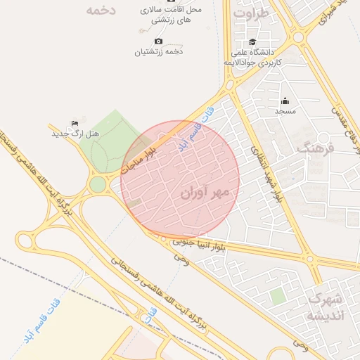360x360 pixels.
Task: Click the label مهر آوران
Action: (x=210, y=192)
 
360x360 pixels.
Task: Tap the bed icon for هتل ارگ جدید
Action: (x=75, y=123)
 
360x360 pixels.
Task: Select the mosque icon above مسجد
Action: (x=285, y=101)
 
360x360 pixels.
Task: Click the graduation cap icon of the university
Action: (x=252, y=41)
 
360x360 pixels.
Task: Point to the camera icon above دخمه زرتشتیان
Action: (x=158, y=41)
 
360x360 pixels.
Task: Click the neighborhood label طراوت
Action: (x=251, y=13)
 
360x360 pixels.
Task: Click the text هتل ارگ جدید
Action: (x=75, y=134)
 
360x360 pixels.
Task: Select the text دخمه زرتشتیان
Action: (x=158, y=51)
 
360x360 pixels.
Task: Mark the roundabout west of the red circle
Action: (x=98, y=184)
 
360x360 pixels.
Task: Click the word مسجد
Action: (x=285, y=112)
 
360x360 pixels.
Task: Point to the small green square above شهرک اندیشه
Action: (x=278, y=296)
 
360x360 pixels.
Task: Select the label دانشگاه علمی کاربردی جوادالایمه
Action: (x=253, y=57)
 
